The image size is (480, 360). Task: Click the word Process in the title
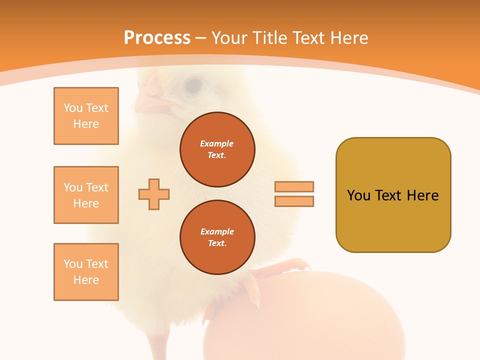[x=157, y=38]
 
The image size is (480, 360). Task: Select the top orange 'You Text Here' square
[x=86, y=116]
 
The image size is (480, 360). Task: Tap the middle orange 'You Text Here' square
[x=86, y=195]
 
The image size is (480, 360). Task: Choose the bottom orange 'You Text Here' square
[x=86, y=272]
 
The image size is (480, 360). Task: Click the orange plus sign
[x=154, y=194]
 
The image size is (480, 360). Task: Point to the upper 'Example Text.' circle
[x=217, y=149]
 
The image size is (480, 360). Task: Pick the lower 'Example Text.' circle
[x=217, y=237]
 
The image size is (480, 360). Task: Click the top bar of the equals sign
[x=294, y=187]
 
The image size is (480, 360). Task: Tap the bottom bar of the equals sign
[x=294, y=201]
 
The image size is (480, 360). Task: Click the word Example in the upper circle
[x=217, y=143]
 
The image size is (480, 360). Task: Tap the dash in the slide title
[x=201, y=38]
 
